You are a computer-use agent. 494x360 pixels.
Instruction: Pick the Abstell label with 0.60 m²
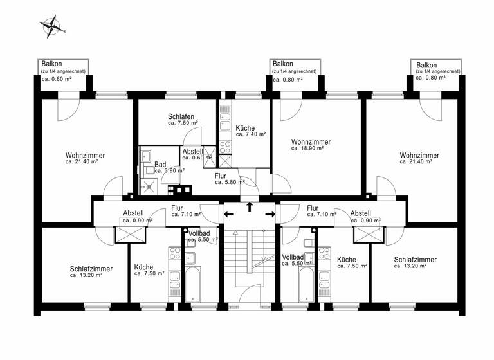tap(194, 154)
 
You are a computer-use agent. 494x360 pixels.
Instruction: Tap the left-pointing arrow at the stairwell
tap(228, 213)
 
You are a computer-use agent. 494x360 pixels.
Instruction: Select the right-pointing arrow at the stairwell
tap(270, 213)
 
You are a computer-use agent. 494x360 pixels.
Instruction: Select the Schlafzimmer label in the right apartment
tap(416, 262)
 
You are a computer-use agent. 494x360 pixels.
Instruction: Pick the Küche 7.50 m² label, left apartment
tap(149, 269)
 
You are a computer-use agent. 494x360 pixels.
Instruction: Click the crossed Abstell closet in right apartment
tap(369, 233)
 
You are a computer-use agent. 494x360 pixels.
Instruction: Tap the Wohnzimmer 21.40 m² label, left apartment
tap(85, 158)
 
